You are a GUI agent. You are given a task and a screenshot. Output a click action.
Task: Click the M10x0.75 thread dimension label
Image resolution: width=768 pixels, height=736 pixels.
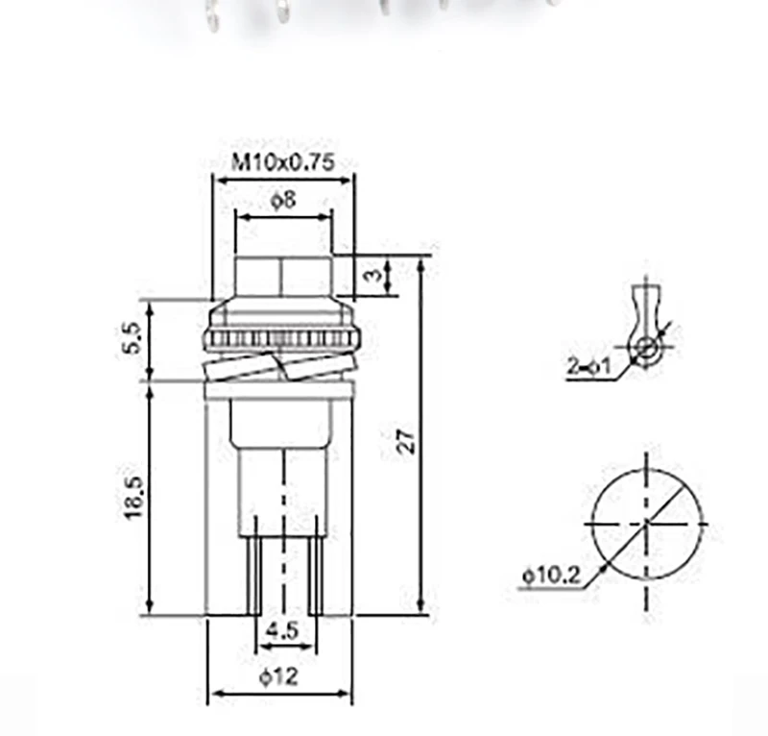(x=283, y=161)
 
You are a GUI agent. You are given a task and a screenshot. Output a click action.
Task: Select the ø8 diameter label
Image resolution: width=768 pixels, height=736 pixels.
(x=284, y=200)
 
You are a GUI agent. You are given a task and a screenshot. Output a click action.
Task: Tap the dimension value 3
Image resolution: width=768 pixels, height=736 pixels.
(x=374, y=275)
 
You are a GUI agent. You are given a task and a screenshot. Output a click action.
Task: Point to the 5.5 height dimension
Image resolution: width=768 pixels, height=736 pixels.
(x=133, y=337)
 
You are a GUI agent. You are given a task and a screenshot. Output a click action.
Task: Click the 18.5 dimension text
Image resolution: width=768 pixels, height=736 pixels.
(x=133, y=497)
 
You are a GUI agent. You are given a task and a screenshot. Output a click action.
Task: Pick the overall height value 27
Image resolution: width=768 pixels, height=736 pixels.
(x=407, y=441)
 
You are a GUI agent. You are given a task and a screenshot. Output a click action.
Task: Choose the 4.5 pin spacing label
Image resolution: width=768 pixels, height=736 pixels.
(x=281, y=630)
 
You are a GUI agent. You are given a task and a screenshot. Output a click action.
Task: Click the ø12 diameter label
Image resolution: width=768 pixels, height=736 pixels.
(x=278, y=677)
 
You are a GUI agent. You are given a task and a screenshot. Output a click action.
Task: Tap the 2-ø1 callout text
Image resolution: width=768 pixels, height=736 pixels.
(x=589, y=366)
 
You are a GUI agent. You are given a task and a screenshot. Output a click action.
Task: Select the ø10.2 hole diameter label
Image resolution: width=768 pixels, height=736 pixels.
(x=551, y=575)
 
